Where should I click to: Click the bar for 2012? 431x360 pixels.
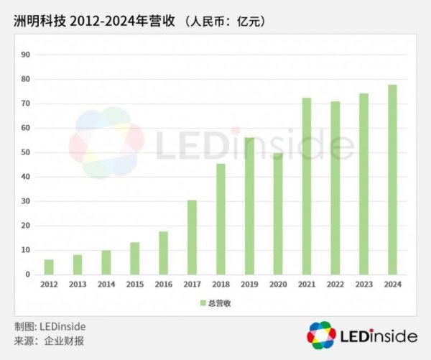49,267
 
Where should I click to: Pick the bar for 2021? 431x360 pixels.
307,186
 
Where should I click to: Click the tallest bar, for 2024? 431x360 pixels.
392,180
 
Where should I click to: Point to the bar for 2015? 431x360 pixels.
135,258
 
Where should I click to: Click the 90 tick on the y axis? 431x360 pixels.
25,55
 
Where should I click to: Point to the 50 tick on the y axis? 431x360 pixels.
25,152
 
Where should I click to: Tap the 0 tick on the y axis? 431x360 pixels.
27,274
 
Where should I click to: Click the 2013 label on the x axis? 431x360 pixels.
78,285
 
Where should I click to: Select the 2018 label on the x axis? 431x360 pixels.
221,285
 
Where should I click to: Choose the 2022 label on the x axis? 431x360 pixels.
335,285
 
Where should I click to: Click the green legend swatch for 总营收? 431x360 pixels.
203,303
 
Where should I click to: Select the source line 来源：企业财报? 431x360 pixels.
49,341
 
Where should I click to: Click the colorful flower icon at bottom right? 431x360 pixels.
321,336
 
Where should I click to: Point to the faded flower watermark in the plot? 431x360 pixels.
106,142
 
